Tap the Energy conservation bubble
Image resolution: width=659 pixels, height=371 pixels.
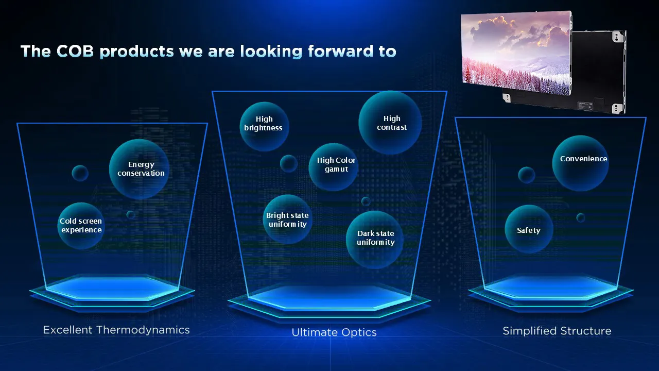[x=140, y=168]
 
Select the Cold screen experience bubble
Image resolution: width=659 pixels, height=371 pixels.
[x=81, y=226]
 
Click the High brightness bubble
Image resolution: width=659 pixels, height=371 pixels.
[x=264, y=126]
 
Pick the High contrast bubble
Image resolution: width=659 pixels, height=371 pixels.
[x=390, y=123]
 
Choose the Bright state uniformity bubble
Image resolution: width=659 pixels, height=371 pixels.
[x=287, y=220]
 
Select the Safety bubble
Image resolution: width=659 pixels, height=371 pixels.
[x=529, y=230]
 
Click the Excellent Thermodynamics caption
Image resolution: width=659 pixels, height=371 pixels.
[x=116, y=330]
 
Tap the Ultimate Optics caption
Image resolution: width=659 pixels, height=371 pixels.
[x=334, y=332]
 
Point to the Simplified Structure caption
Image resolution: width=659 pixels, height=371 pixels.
[x=557, y=331]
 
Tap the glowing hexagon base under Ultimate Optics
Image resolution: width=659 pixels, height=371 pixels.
[x=329, y=298]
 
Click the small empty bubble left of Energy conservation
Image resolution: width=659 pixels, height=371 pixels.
[x=80, y=173]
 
